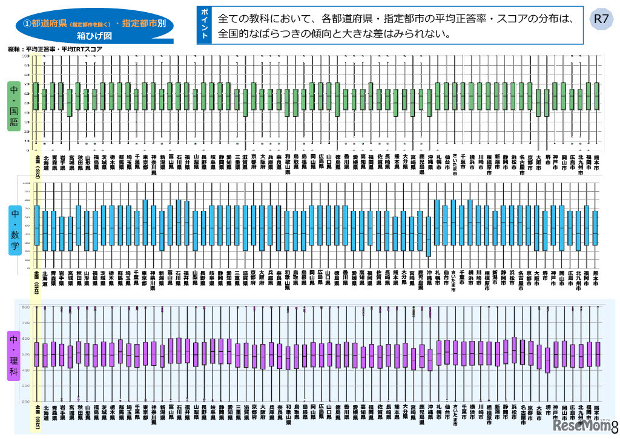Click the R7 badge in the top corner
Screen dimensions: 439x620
[599, 18]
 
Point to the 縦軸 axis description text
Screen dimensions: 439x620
[55, 48]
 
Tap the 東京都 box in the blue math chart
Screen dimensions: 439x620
[145, 223]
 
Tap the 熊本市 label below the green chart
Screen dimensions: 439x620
[596, 164]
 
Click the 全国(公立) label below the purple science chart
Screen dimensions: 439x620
[36, 417]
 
